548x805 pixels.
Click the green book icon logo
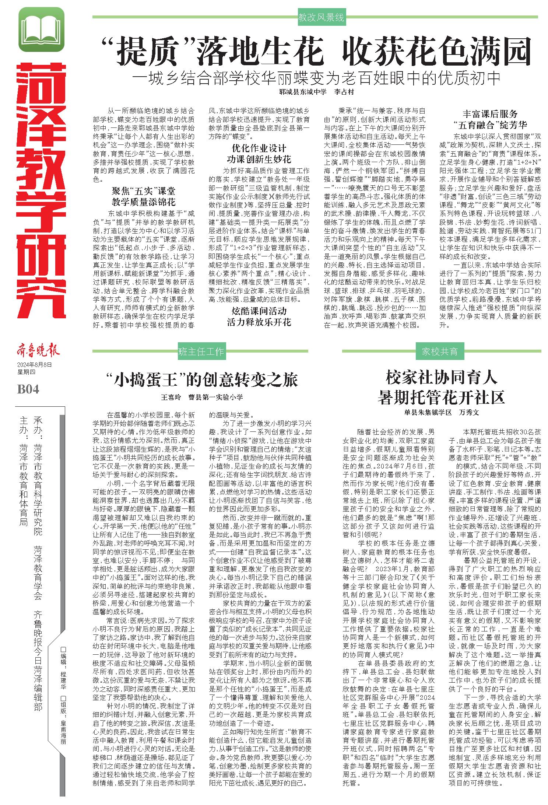click(41, 29)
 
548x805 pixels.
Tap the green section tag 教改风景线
click(321, 17)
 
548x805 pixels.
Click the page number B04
click(28, 389)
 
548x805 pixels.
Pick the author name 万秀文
click(469, 413)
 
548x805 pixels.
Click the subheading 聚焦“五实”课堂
click(144, 191)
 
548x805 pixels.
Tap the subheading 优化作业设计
click(259, 148)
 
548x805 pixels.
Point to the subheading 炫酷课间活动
click(259, 311)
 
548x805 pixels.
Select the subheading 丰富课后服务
click(490, 114)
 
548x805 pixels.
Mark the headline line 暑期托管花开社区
click(441, 398)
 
